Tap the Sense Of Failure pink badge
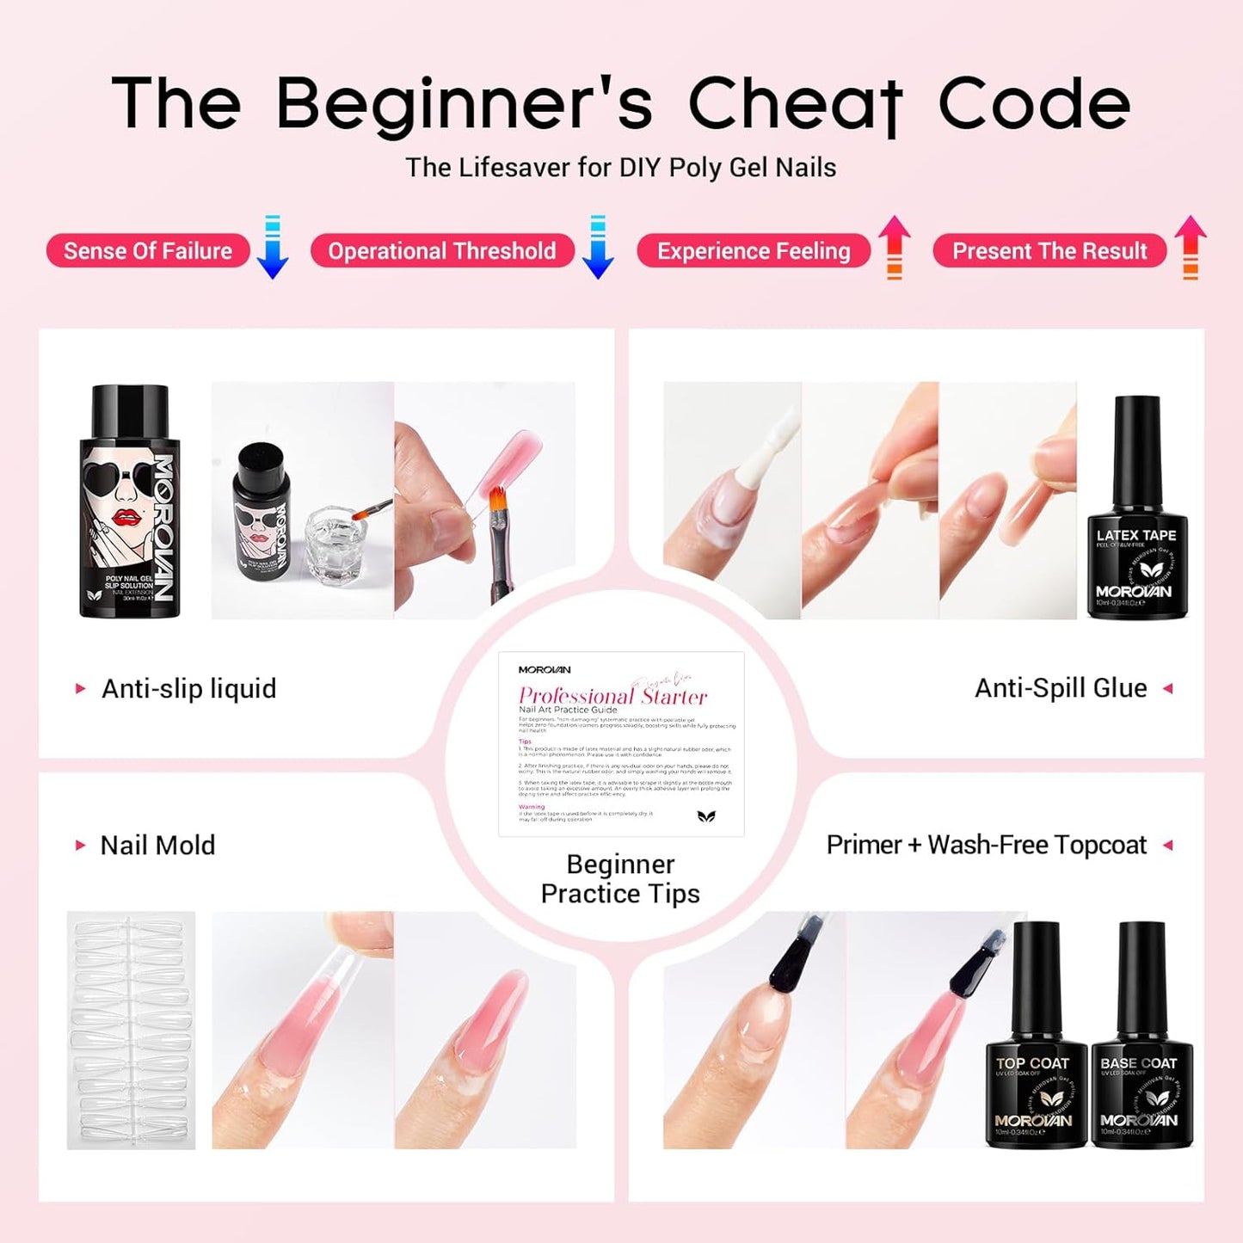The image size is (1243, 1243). [x=148, y=251]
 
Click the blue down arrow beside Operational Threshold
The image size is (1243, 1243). [x=597, y=248]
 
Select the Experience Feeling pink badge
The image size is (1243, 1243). [x=753, y=251]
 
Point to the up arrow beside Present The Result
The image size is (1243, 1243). [x=1190, y=248]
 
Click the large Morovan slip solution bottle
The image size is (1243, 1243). [x=130, y=502]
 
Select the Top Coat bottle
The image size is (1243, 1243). [x=1035, y=1036]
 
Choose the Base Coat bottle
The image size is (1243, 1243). [x=1141, y=1036]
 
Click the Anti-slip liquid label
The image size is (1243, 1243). [x=188, y=689]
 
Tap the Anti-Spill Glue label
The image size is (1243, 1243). [x=1060, y=688]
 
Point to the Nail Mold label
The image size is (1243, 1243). [x=157, y=846]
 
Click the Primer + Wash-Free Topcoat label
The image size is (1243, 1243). [x=986, y=846]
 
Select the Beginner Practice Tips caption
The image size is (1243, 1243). [x=620, y=879]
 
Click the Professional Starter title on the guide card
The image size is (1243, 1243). [x=612, y=696]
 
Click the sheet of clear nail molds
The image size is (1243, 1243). [x=131, y=1031]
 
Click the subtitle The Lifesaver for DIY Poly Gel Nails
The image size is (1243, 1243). [x=620, y=168]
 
